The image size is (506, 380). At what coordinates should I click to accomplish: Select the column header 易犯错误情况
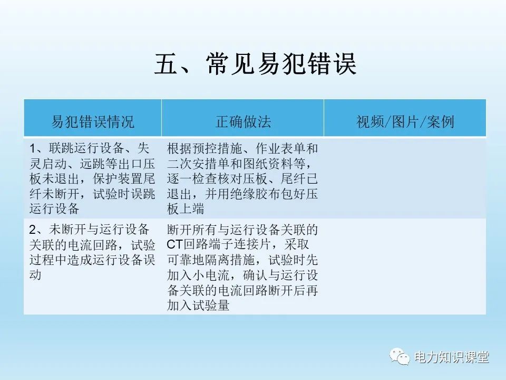pyautogui.click(x=93, y=122)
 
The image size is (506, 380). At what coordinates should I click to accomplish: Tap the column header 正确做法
pyautogui.click(x=243, y=122)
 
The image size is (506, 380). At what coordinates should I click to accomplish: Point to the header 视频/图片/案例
pyautogui.click(x=405, y=122)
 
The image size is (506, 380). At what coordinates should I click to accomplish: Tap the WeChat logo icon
pyautogui.click(x=400, y=357)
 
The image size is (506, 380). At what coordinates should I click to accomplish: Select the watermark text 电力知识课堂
pyautogui.click(x=452, y=357)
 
